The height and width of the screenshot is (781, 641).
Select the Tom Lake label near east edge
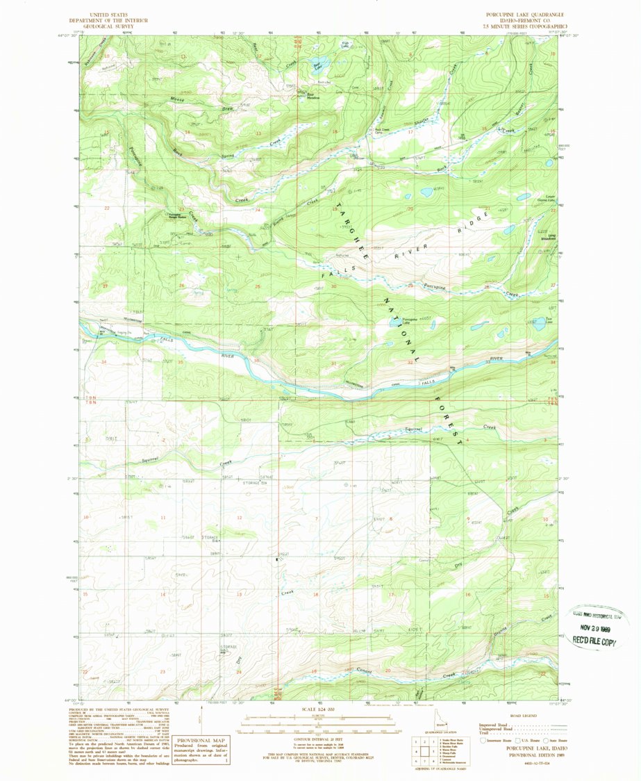pos(549,322)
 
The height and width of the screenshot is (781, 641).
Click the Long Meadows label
pos(551,238)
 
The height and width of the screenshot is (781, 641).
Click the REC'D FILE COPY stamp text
pos(599,642)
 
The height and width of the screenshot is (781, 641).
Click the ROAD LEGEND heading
pos(524,715)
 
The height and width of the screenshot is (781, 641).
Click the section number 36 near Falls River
pos(256,361)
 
